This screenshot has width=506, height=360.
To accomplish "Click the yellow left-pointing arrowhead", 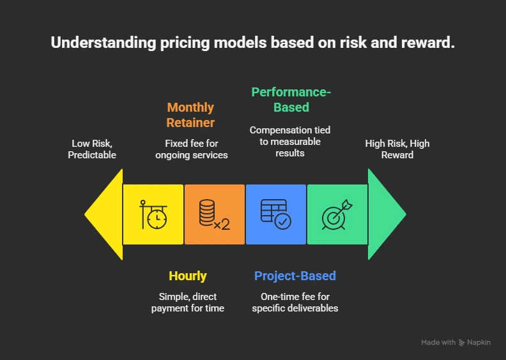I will (105, 214).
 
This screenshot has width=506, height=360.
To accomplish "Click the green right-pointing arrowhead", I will (385, 214).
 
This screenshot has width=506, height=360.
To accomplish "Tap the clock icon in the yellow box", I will (153, 214).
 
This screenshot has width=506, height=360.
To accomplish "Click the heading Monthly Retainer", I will (190, 115).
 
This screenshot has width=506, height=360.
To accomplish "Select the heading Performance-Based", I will (291, 99).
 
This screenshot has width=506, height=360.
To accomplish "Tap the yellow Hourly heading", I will (188, 276).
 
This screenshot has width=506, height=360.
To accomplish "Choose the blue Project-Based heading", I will (295, 276).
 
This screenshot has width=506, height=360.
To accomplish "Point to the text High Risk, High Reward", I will (397, 149).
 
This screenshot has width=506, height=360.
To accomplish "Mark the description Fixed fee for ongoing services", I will (192, 149).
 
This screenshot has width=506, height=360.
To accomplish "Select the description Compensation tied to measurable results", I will (290, 141).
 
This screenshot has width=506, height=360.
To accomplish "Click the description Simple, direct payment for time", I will (188, 303).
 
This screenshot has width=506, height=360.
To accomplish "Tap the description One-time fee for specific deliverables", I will (295, 303).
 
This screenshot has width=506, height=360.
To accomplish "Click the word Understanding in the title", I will (97, 43).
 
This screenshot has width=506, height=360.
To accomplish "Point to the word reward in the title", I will (427, 43).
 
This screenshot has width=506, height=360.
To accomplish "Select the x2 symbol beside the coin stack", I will (222, 224).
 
